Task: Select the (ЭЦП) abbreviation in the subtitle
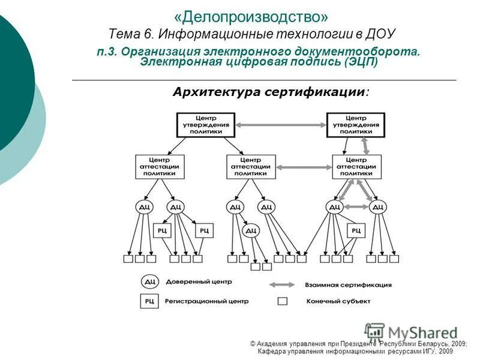pyautogui.click(x=361, y=62)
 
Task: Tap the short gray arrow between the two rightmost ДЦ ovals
pyautogui.click(x=356, y=207)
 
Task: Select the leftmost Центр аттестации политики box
pyautogui.click(x=160, y=167)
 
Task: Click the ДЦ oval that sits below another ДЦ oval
pyautogui.click(x=251, y=230)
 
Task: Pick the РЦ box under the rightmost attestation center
pyautogui.click(x=356, y=230)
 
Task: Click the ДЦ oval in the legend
pyautogui.click(x=149, y=281)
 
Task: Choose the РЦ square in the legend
pyautogui.click(x=149, y=301)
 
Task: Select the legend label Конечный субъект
pyautogui.click(x=338, y=301)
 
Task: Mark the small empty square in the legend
pyautogui.click(x=283, y=301)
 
